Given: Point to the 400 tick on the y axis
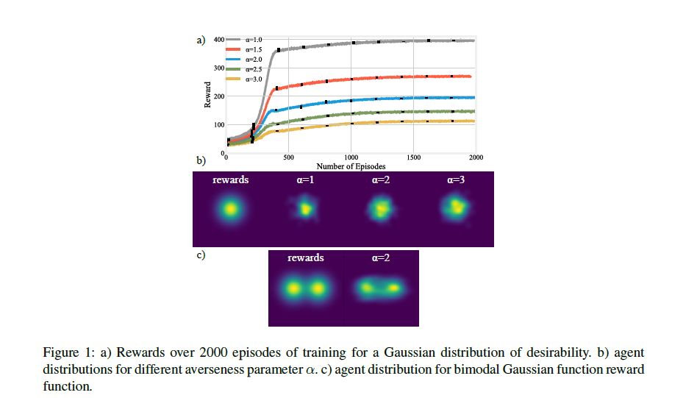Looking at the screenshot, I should pyautogui.click(x=219, y=38).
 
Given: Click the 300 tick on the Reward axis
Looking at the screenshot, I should pyautogui.click(x=219, y=68).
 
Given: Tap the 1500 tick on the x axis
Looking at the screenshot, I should pyautogui.click(x=414, y=157).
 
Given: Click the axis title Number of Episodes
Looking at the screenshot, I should pyautogui.click(x=351, y=166).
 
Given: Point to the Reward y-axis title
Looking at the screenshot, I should pyautogui.click(x=208, y=96).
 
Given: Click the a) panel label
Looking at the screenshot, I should pyautogui.click(x=201, y=40).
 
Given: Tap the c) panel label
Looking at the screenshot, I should pyautogui.click(x=201, y=255).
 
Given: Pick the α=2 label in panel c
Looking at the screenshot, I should pyautogui.click(x=382, y=259).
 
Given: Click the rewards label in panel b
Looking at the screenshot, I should pyautogui.click(x=230, y=180).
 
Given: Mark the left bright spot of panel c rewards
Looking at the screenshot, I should pyautogui.click(x=293, y=288).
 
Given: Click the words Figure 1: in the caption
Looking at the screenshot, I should pyautogui.click(x=65, y=352).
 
